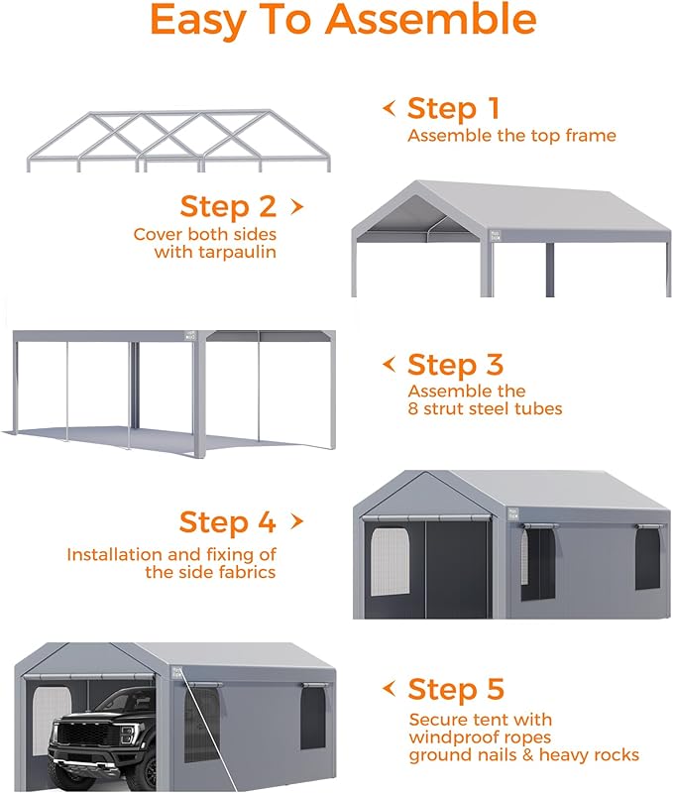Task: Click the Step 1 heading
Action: pyautogui.click(x=453, y=108)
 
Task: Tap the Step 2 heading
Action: pyautogui.click(x=228, y=206)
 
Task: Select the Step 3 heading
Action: pyautogui.click(x=455, y=365)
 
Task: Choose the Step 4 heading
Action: pyautogui.click(x=227, y=521)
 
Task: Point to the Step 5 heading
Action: pyautogui.click(x=455, y=689)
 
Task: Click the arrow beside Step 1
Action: pyautogui.click(x=389, y=107)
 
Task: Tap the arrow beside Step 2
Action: pyautogui.click(x=295, y=206)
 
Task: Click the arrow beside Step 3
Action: pyautogui.click(x=389, y=364)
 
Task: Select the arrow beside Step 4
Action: pyautogui.click(x=295, y=521)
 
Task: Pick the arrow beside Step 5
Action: pyautogui.click(x=389, y=688)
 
